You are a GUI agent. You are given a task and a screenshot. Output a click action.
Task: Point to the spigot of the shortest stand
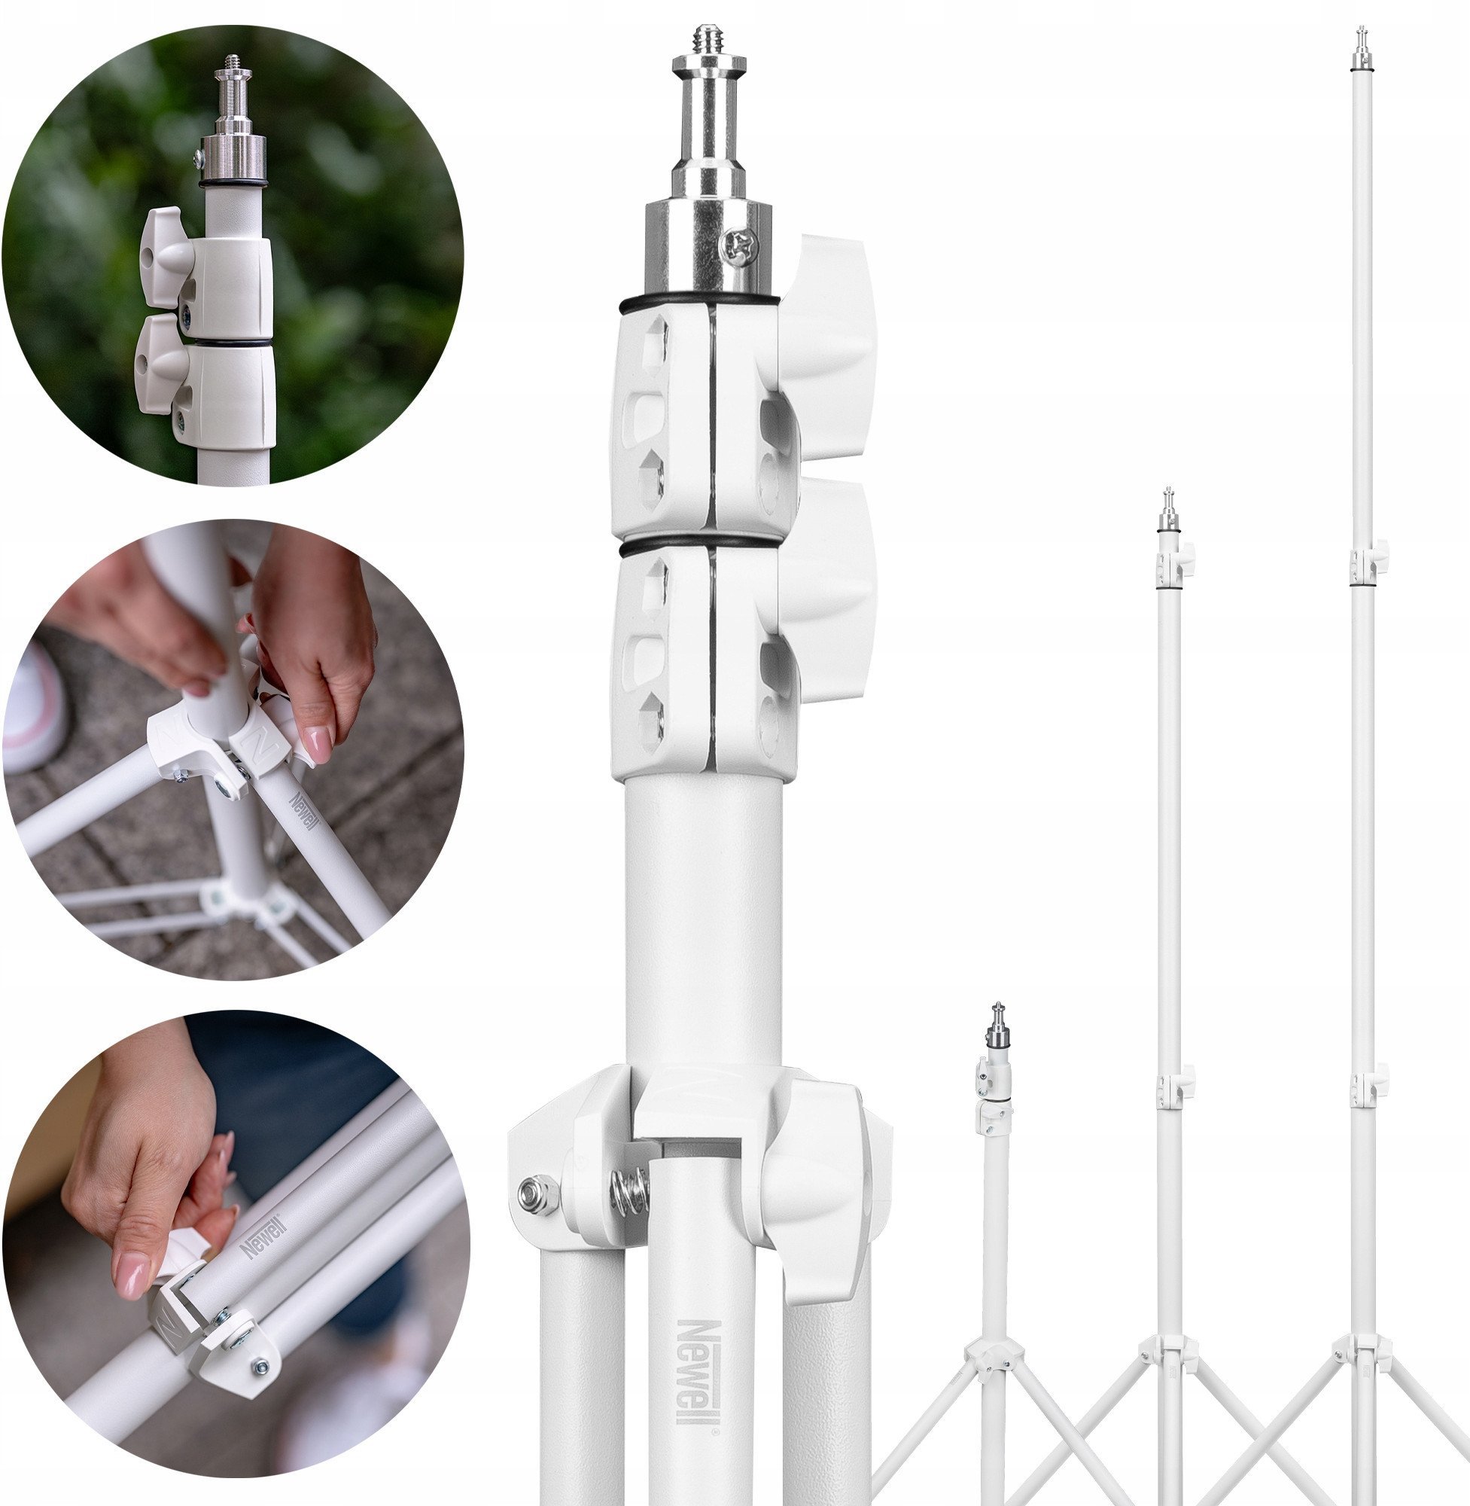pyautogui.click(x=999, y=1028)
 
